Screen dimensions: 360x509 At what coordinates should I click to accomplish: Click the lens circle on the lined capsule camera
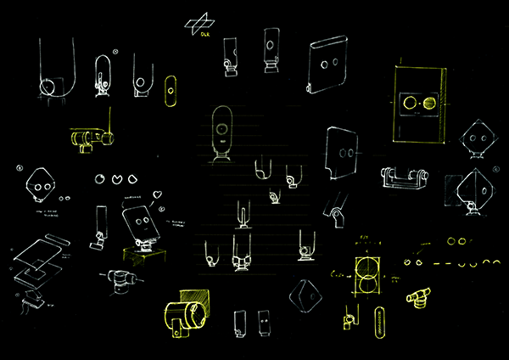tap(222, 132)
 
